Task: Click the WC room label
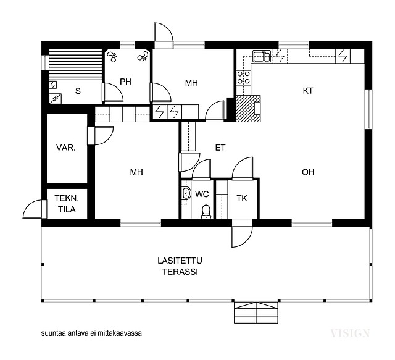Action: coord(202,194)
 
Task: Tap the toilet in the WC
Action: coord(206,212)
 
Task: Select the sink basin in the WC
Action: coord(186,193)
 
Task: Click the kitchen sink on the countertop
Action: coord(262,56)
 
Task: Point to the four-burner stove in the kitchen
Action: coord(244,77)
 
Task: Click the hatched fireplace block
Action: coord(248,109)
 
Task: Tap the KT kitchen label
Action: coord(308,91)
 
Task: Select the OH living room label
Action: coord(308,172)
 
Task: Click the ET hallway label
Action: coord(220,148)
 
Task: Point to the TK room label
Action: coord(242,199)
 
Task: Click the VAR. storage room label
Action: coord(66,148)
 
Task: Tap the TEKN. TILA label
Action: coord(67,204)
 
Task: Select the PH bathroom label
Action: coord(125,82)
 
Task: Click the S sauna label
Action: coord(78,91)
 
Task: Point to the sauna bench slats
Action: coord(75,65)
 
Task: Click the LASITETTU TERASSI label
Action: coord(180,266)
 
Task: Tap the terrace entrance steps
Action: coord(256,312)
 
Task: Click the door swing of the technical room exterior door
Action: coord(32,209)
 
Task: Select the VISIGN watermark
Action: coord(350,333)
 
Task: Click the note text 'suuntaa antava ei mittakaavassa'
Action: coord(91,333)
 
